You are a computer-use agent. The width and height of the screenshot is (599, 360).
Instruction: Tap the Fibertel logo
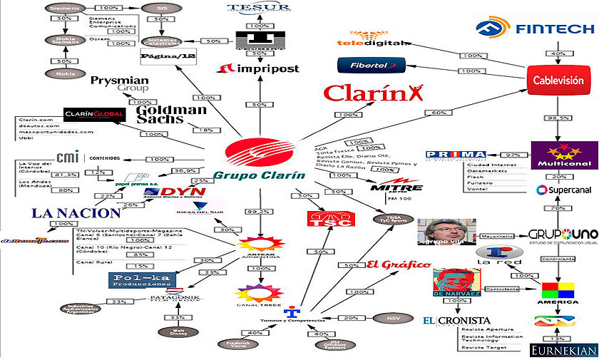[371, 65]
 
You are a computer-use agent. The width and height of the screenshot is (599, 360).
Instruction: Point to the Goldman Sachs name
[171, 115]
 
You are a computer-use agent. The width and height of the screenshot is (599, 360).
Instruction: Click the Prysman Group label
[120, 84]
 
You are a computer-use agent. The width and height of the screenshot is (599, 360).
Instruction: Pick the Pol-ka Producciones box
[141, 280]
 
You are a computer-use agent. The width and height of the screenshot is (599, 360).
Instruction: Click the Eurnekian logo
[563, 350]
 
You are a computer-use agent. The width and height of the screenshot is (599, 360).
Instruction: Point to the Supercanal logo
[566, 190]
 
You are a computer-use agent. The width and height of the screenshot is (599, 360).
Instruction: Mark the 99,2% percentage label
[259, 212]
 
